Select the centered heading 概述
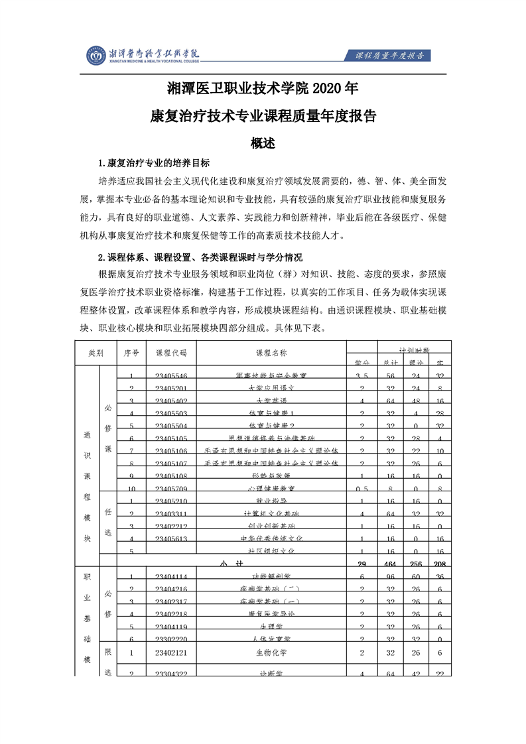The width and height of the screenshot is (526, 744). coord(263,142)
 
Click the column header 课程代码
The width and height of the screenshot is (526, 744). coord(171,353)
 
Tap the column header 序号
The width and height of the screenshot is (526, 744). coord(131,353)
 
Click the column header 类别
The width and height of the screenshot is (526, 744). coord(96,353)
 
